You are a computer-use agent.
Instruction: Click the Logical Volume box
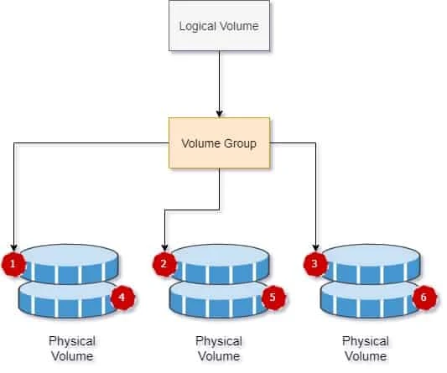pyautogui.click(x=219, y=26)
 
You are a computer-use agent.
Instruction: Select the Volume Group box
pyautogui.click(x=219, y=142)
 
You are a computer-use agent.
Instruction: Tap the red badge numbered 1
pyautogui.click(x=13, y=266)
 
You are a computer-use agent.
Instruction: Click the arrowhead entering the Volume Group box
pyautogui.click(x=219, y=112)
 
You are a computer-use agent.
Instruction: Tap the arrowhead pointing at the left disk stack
pyautogui.click(x=14, y=246)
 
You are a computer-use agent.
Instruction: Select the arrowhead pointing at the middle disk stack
pyautogui.click(x=165, y=246)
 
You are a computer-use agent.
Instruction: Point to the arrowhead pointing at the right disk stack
pyautogui.click(x=316, y=246)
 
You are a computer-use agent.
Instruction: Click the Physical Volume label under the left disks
pyautogui.click(x=71, y=349)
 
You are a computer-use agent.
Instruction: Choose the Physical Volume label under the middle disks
pyautogui.click(x=219, y=349)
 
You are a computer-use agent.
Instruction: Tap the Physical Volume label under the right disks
pyautogui.click(x=366, y=349)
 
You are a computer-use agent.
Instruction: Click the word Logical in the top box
pyautogui.click(x=198, y=26)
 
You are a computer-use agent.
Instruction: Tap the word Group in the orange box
pyautogui.click(x=240, y=142)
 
